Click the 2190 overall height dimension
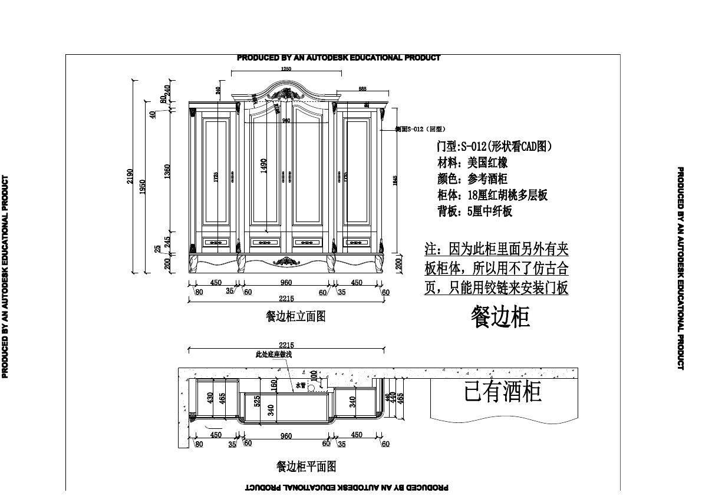point(130,176)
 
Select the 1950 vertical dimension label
point(143,186)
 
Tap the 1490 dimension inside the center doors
point(264,166)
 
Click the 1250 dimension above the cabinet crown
point(286,69)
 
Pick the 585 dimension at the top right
point(362,89)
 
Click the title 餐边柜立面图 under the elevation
point(296,316)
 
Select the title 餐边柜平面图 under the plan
point(306,467)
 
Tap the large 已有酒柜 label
point(503,392)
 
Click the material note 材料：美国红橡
point(472,163)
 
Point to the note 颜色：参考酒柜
point(472,179)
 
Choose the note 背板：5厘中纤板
point(474,211)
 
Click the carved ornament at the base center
point(286,261)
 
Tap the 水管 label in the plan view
point(301,385)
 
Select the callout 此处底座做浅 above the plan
point(273,355)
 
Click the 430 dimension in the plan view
point(210,398)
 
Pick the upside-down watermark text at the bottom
point(347,488)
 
